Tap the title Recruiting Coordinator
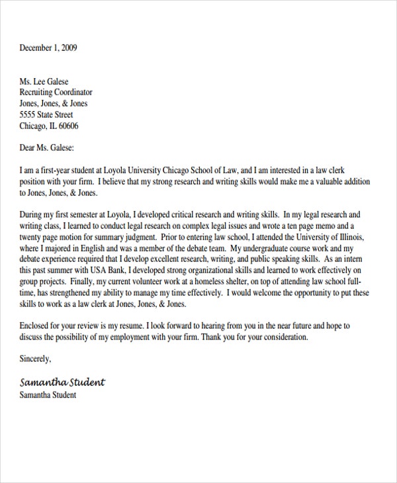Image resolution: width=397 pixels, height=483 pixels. coord(56,93)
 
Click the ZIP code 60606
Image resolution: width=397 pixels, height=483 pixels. coord(68,126)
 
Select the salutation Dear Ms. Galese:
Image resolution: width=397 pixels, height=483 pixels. coord(47,148)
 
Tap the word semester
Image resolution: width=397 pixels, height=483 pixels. coord(91,215)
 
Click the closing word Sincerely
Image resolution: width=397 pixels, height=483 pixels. coord(34,360)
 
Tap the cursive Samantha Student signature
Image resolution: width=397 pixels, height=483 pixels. coord(62,382)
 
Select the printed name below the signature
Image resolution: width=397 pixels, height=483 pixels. coord(48,395)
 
